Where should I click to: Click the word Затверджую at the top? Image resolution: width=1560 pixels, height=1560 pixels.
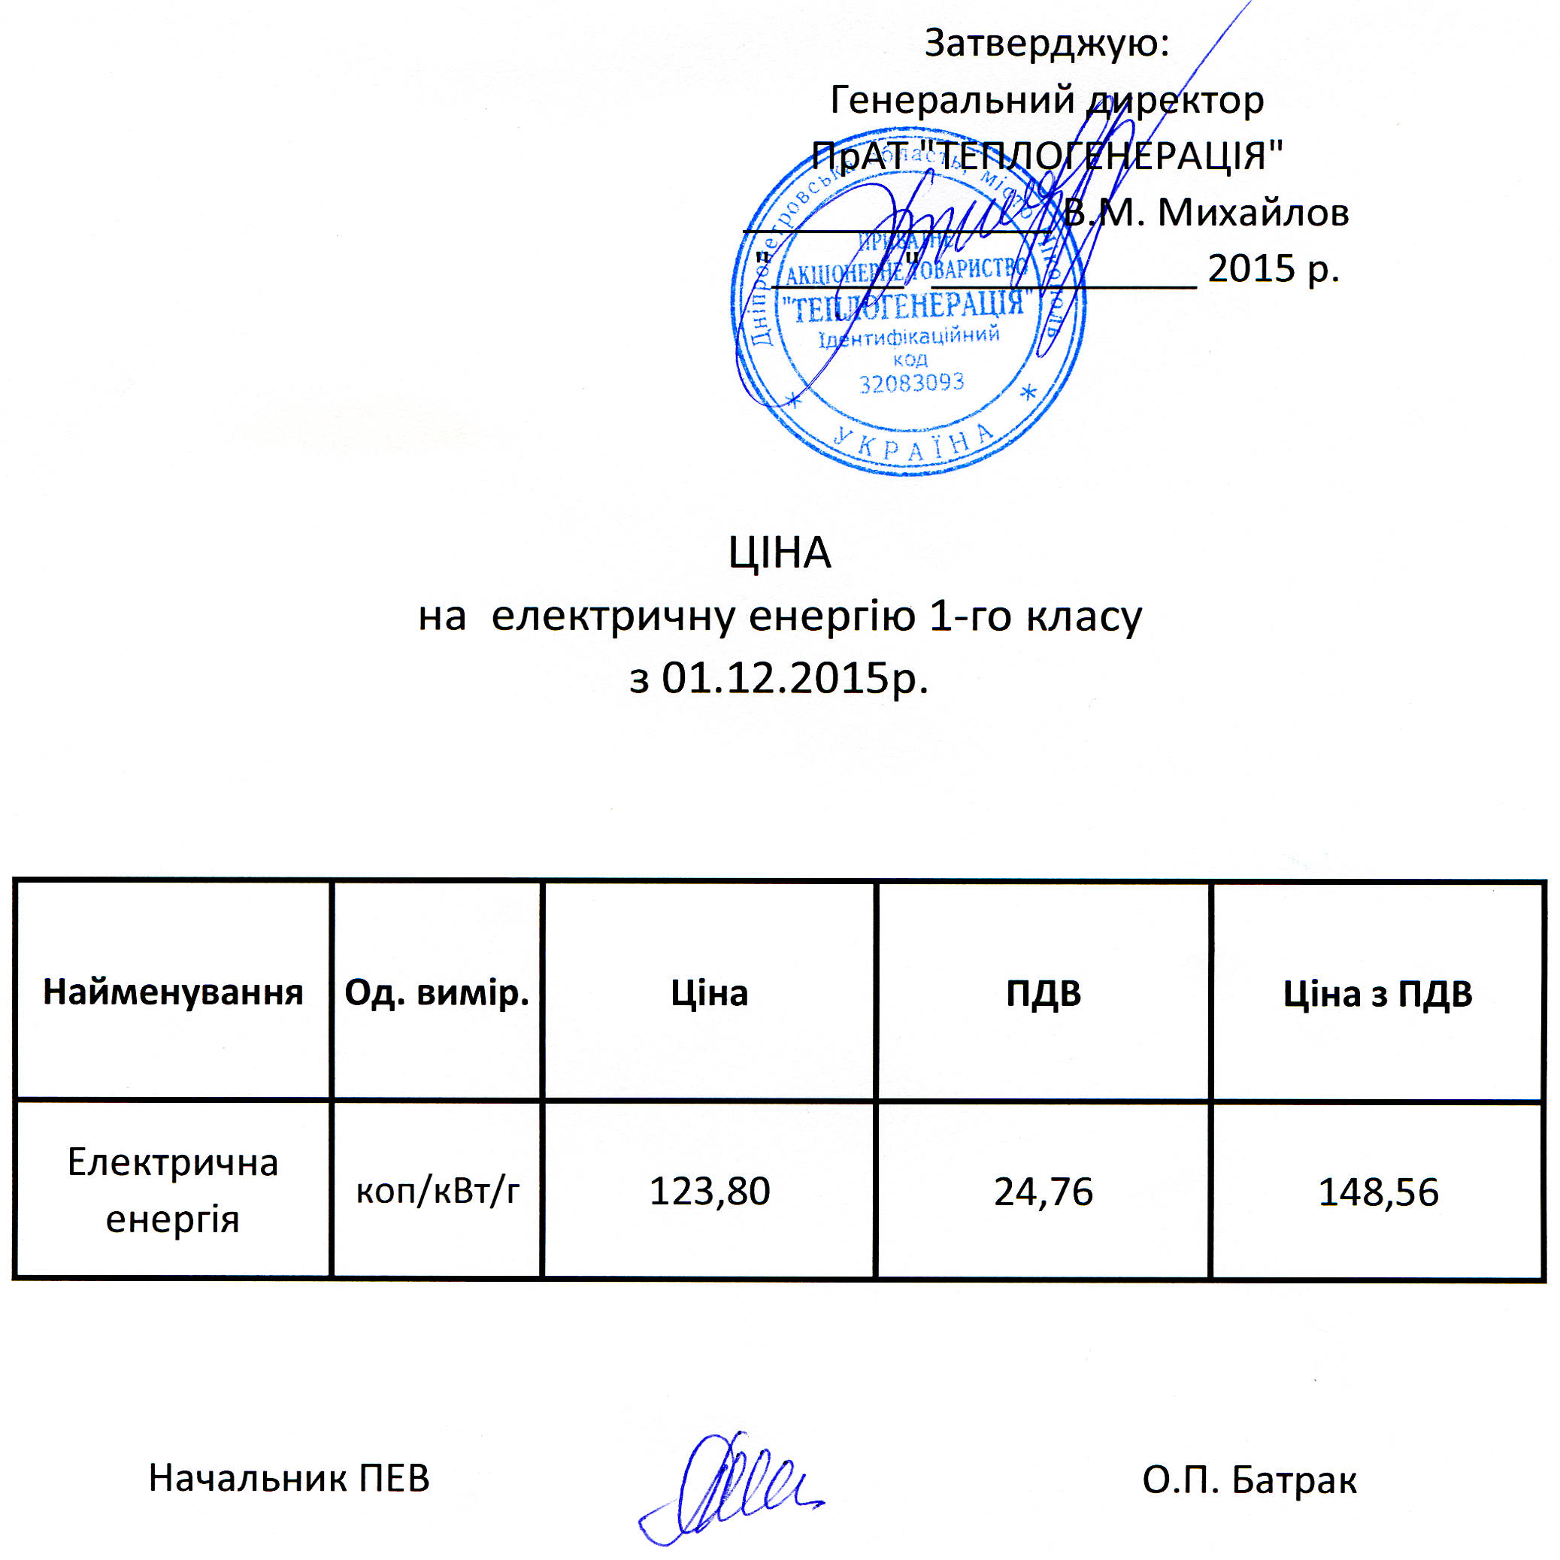1046,43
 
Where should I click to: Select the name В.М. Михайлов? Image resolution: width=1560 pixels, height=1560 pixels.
1207,212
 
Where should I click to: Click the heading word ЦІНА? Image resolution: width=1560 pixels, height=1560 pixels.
779,553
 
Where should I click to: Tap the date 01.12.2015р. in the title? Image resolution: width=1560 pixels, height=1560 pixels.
795,678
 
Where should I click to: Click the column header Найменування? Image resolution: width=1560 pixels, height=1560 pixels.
173,992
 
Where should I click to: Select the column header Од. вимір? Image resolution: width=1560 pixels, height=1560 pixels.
437,992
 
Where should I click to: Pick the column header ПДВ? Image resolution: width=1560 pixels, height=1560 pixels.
1044,993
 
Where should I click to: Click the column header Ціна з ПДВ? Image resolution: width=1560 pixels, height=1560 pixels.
1377,993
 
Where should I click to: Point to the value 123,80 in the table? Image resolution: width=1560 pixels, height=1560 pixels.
710,1191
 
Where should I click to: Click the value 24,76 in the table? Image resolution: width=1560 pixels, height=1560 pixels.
1044,1192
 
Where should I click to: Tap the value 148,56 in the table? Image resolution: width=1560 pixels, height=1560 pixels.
1377,1192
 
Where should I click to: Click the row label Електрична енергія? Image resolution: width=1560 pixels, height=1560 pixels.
173,1190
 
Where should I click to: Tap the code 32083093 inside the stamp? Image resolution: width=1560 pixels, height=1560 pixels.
912,383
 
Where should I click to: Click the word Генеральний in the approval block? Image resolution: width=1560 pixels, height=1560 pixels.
952,99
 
